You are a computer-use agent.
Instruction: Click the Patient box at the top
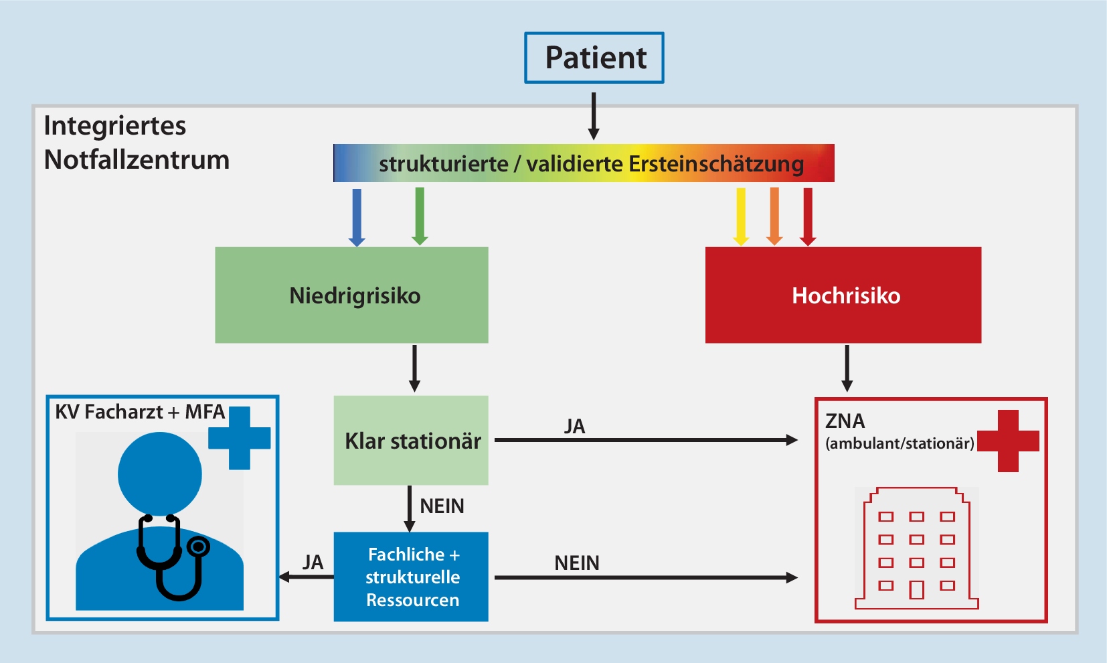point(594,58)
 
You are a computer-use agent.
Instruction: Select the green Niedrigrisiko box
point(351,295)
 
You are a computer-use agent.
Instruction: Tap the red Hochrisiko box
point(843,295)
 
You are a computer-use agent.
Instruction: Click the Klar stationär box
point(411,441)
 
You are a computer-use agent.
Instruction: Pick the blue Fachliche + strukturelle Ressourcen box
point(411,577)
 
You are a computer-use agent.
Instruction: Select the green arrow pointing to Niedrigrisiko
point(420,216)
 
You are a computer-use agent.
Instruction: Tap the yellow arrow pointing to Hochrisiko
point(741,216)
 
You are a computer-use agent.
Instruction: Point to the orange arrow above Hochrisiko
point(774,216)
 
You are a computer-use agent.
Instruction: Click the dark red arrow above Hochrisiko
point(808,216)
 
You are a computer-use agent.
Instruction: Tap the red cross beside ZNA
point(1008,441)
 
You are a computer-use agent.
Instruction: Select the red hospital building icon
point(916,549)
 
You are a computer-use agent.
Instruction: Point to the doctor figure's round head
point(160,473)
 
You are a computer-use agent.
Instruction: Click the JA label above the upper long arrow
point(574,427)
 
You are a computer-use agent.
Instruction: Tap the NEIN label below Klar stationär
point(442,506)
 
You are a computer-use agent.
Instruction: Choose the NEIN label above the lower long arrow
point(576,563)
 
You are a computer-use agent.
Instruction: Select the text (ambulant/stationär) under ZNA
point(900,443)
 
